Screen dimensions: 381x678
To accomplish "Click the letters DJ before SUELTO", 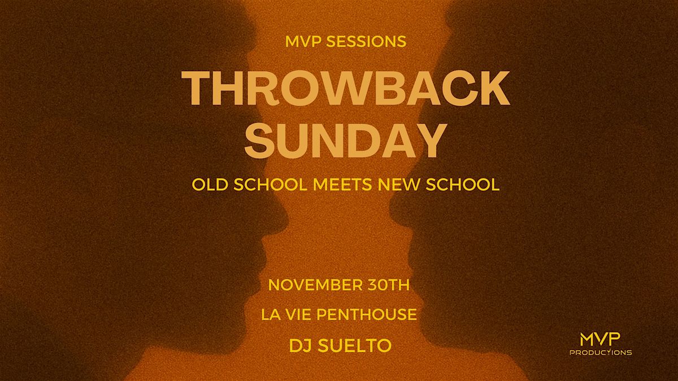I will [x=299, y=345].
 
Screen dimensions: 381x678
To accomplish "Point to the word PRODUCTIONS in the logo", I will [x=600, y=352].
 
